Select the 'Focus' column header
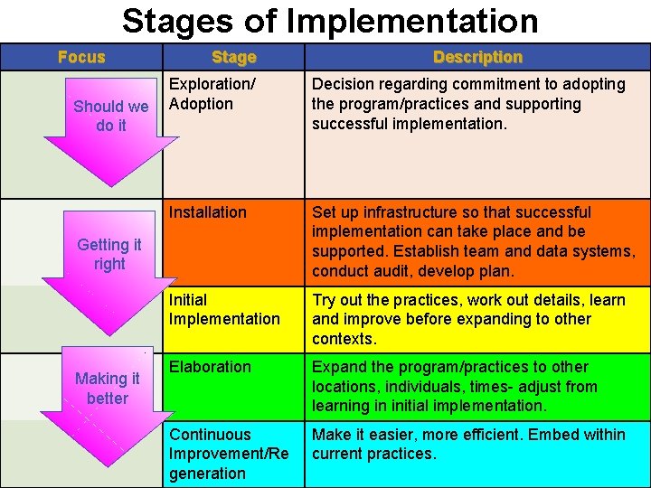pyautogui.click(x=81, y=57)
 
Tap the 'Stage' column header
pyautogui.click(x=233, y=57)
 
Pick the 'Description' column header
pyautogui.click(x=477, y=57)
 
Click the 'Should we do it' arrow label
pyautogui.click(x=110, y=116)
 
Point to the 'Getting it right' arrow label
pyautogui.click(x=109, y=254)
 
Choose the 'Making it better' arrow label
pyautogui.click(x=108, y=388)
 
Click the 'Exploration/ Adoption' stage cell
pyautogui.click(x=212, y=94)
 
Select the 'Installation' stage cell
pyautogui.click(x=208, y=212)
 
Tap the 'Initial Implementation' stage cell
pyautogui.click(x=224, y=309)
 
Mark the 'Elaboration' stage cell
pyautogui.click(x=210, y=367)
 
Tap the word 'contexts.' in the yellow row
pyautogui.click(x=344, y=339)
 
